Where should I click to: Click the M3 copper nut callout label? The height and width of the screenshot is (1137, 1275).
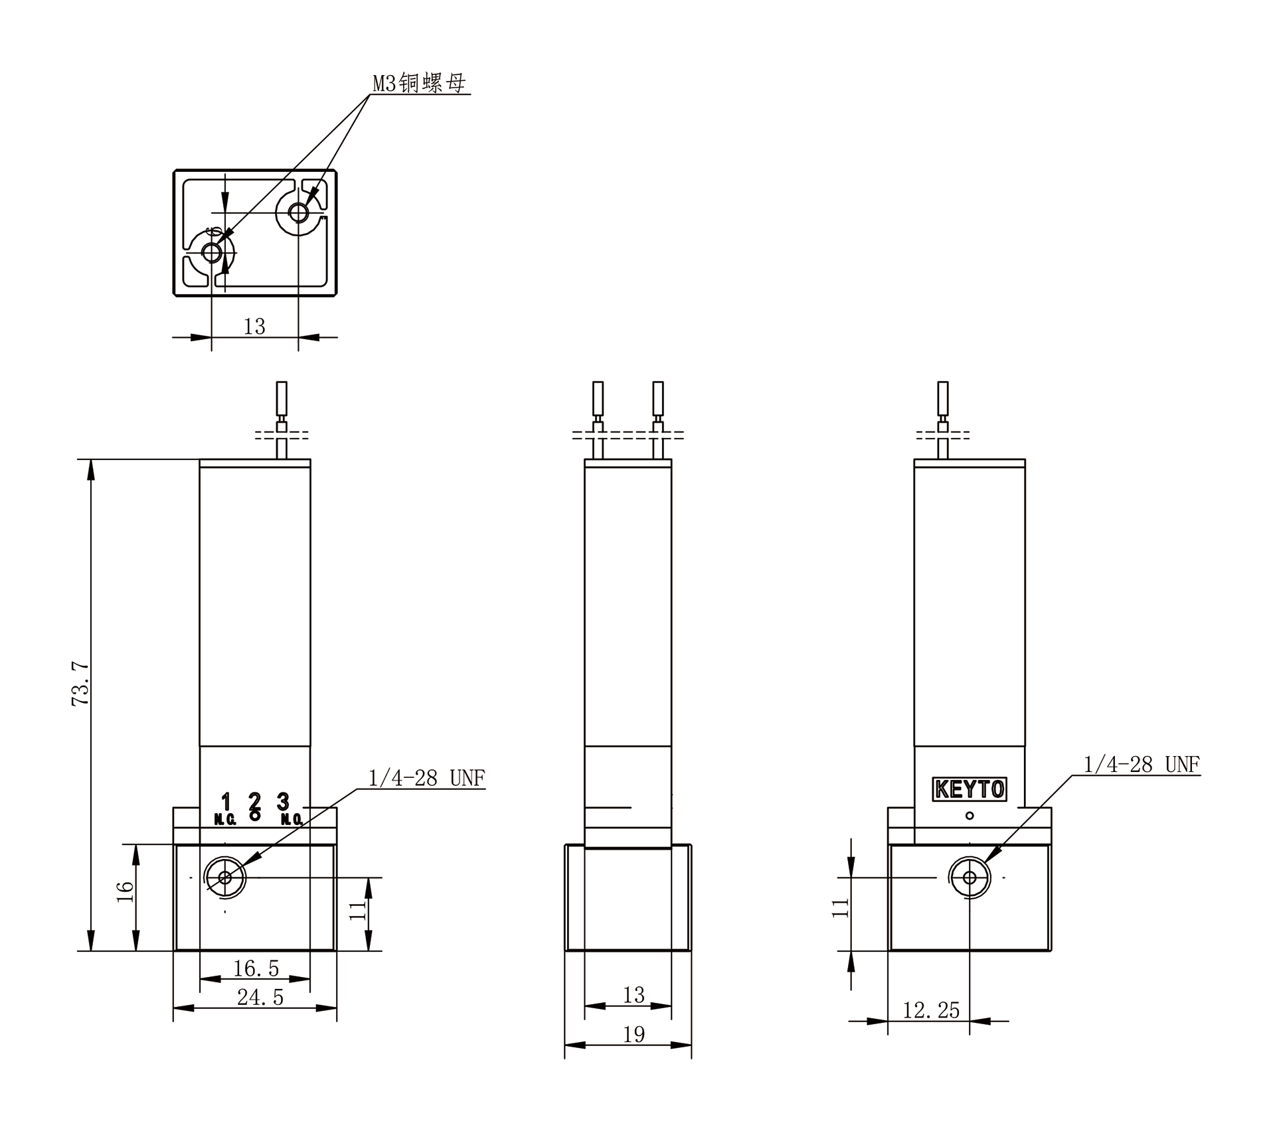point(419,83)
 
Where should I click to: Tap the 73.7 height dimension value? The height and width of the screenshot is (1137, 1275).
point(81,683)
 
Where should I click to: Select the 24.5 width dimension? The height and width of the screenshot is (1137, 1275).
point(260,997)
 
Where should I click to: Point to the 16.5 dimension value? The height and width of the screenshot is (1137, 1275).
point(256,968)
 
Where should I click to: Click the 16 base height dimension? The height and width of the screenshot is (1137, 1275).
point(125,891)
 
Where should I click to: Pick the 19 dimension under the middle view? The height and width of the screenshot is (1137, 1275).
point(634,1034)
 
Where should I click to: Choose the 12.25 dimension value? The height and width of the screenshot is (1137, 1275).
point(931,1010)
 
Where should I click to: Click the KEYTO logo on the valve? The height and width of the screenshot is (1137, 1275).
point(970,789)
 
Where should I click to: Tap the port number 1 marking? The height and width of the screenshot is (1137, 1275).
point(226,801)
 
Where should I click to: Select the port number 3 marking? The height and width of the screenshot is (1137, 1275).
point(283,801)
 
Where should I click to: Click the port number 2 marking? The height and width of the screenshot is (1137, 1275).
point(254,801)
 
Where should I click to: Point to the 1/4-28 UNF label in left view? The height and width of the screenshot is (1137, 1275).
point(426,777)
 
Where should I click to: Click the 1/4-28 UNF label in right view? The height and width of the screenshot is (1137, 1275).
point(1142,765)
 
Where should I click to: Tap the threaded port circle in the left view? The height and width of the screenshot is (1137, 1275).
point(225,877)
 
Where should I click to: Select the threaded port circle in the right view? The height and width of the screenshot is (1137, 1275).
point(970,877)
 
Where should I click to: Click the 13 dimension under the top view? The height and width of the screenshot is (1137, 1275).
point(254,327)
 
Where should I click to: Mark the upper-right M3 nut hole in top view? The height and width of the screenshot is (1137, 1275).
point(299,213)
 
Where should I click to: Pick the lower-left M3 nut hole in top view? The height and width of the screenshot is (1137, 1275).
point(212,252)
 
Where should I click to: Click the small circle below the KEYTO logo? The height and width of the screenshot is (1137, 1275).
point(970,816)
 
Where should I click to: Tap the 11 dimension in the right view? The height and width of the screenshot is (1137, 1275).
point(841,907)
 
